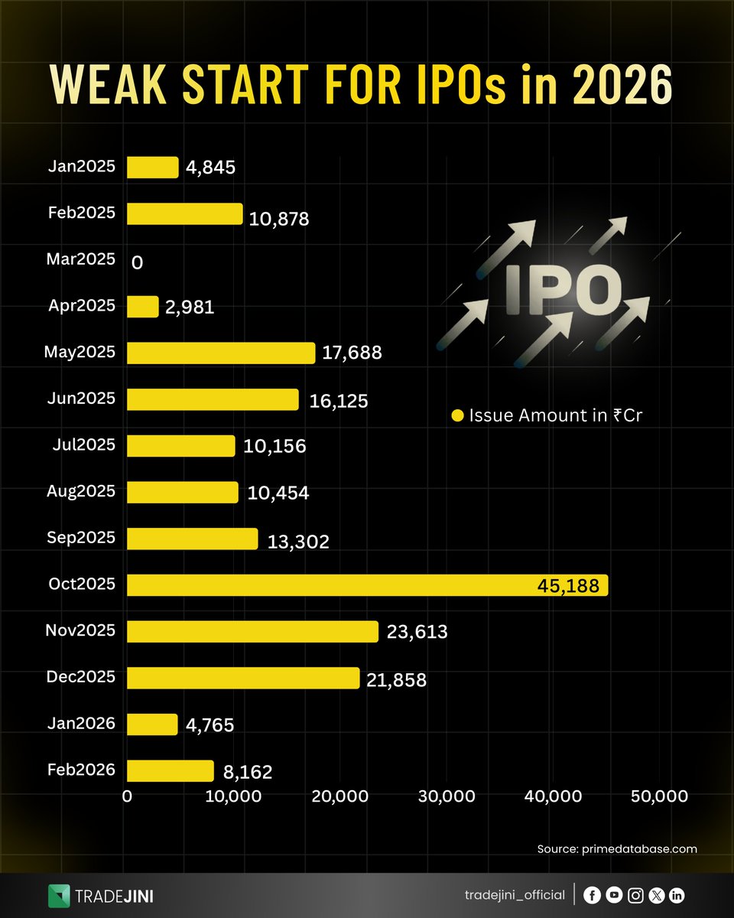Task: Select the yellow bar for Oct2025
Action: click(367, 585)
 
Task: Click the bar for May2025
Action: click(221, 353)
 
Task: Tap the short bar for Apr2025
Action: click(143, 307)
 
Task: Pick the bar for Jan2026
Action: click(152, 724)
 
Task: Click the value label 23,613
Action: click(417, 633)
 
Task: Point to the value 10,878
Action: click(279, 219)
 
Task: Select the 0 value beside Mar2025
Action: click(138, 262)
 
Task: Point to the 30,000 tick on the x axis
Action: click(448, 796)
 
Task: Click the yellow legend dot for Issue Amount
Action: click(458, 416)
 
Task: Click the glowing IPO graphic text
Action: click(562, 288)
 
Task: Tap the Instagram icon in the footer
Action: click(635, 895)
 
